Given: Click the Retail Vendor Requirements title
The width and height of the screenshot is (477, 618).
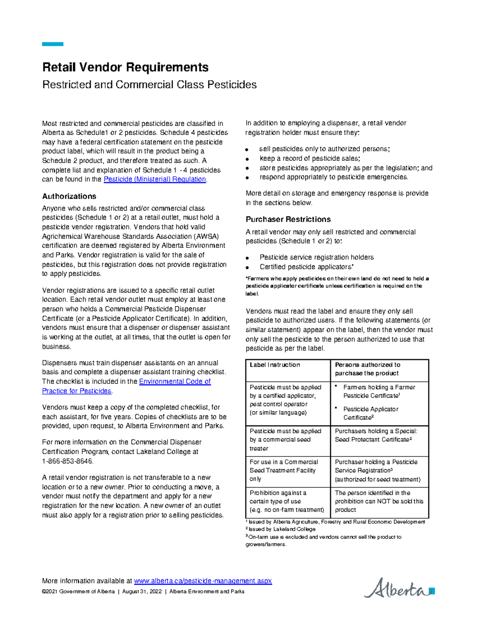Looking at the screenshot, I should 125,67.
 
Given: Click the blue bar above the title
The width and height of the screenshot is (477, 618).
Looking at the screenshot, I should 52,44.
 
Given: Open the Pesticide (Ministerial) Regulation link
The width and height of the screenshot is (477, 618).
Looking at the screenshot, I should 155,179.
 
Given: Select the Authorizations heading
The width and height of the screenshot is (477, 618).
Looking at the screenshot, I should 69,196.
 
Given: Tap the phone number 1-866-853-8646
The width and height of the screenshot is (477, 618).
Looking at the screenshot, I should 68,461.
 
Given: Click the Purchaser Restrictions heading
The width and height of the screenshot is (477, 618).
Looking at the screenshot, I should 288,219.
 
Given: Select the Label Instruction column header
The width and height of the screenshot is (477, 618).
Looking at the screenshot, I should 275,365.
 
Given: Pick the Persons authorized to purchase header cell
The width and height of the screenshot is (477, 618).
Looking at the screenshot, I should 367,369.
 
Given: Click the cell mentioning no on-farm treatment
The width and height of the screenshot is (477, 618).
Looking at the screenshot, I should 287,501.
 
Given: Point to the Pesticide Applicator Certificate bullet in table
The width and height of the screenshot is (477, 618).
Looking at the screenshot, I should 370,413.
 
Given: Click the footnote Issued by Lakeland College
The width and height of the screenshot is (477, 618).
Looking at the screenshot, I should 282,529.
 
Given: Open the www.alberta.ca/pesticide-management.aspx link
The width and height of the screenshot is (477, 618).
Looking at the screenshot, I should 203,581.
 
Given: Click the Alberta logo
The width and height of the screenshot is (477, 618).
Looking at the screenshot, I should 398,588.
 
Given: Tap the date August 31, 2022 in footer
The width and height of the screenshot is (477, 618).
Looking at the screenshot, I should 142,592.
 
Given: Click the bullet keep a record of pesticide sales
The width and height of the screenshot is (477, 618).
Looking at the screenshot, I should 310,158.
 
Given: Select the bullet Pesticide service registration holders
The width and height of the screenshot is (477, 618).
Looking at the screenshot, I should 316,257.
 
